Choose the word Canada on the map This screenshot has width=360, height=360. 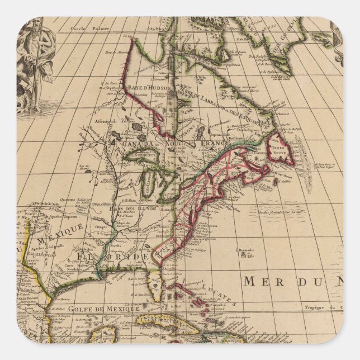click(x=135, y=145)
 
